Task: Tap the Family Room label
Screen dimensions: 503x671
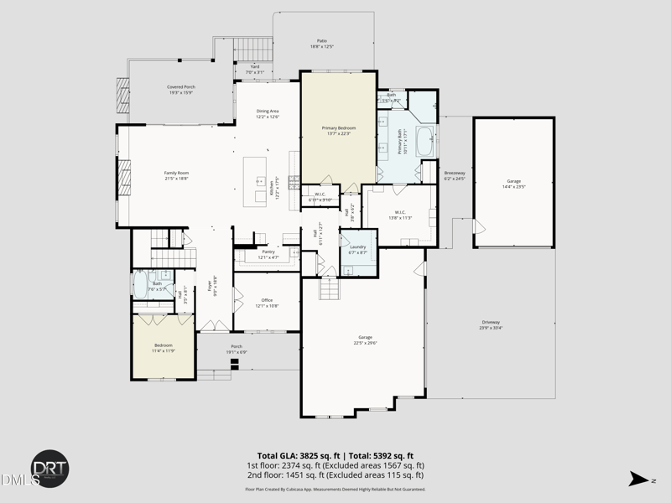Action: tap(176, 175)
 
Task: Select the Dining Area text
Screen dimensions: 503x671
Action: tap(268, 113)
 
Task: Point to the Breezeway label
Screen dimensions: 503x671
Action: tap(454, 175)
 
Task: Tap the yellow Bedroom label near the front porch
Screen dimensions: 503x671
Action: tap(164, 347)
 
